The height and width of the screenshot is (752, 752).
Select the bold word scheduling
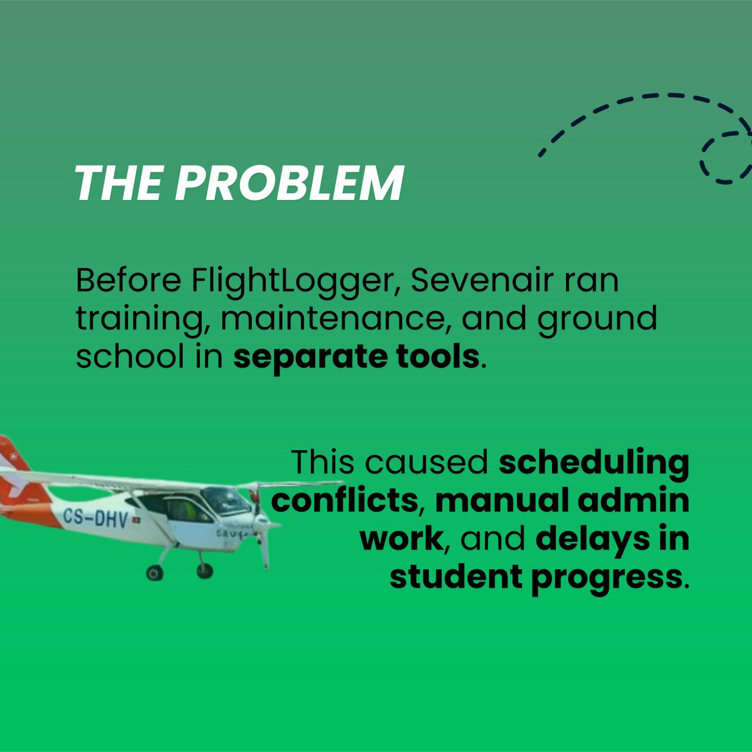(x=594, y=462)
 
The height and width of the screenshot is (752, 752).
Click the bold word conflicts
(x=344, y=501)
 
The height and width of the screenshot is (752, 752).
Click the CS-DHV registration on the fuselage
(x=95, y=518)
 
